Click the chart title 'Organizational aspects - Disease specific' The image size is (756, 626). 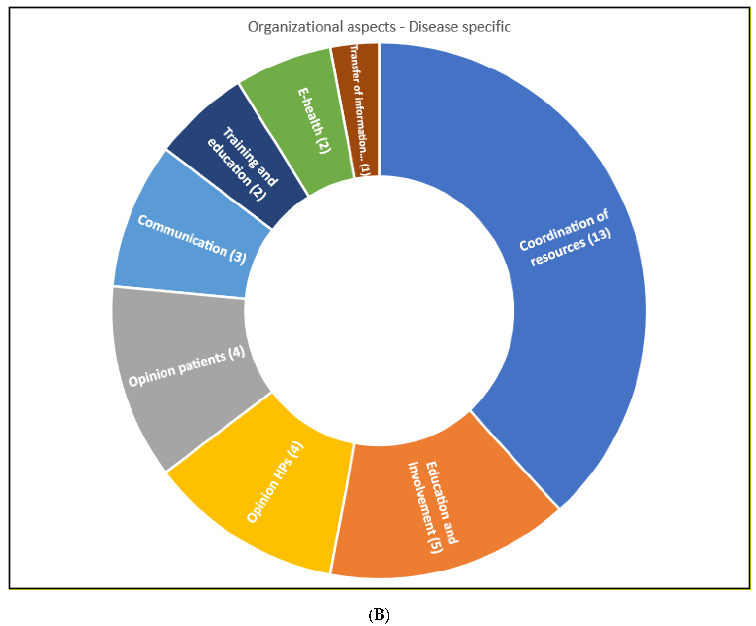click(379, 27)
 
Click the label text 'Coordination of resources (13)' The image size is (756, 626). click(565, 238)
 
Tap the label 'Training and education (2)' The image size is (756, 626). click(243, 164)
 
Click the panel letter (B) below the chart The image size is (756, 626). click(379, 614)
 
